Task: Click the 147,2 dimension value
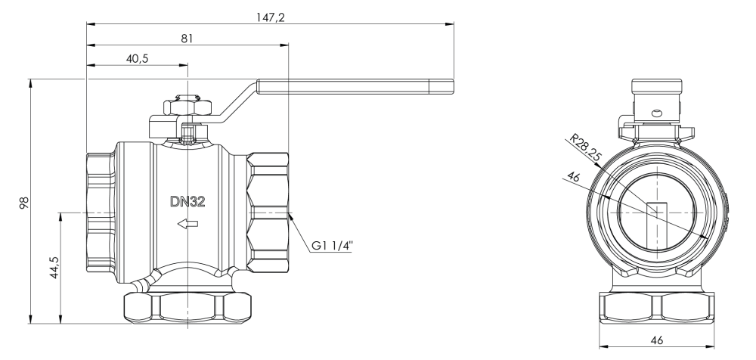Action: [x=271, y=17]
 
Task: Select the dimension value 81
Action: [x=187, y=39]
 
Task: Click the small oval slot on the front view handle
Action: [x=656, y=113]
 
